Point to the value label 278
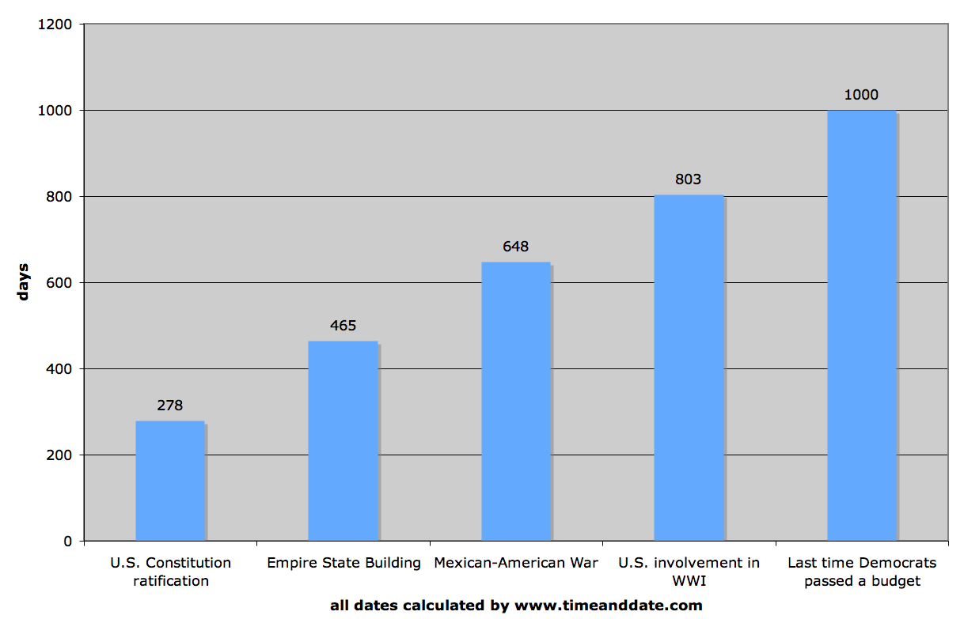pos(170,406)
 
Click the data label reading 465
pos(343,326)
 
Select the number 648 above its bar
pos(516,247)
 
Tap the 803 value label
pos(689,179)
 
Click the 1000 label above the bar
pos(861,95)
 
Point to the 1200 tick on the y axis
pos(55,25)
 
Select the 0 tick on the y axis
pos(69,542)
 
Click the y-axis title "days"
pos(23,281)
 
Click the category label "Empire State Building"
pos(343,563)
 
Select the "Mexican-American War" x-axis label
pos(516,563)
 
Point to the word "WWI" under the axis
pos(689,581)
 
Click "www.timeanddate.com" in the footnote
pos(609,606)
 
